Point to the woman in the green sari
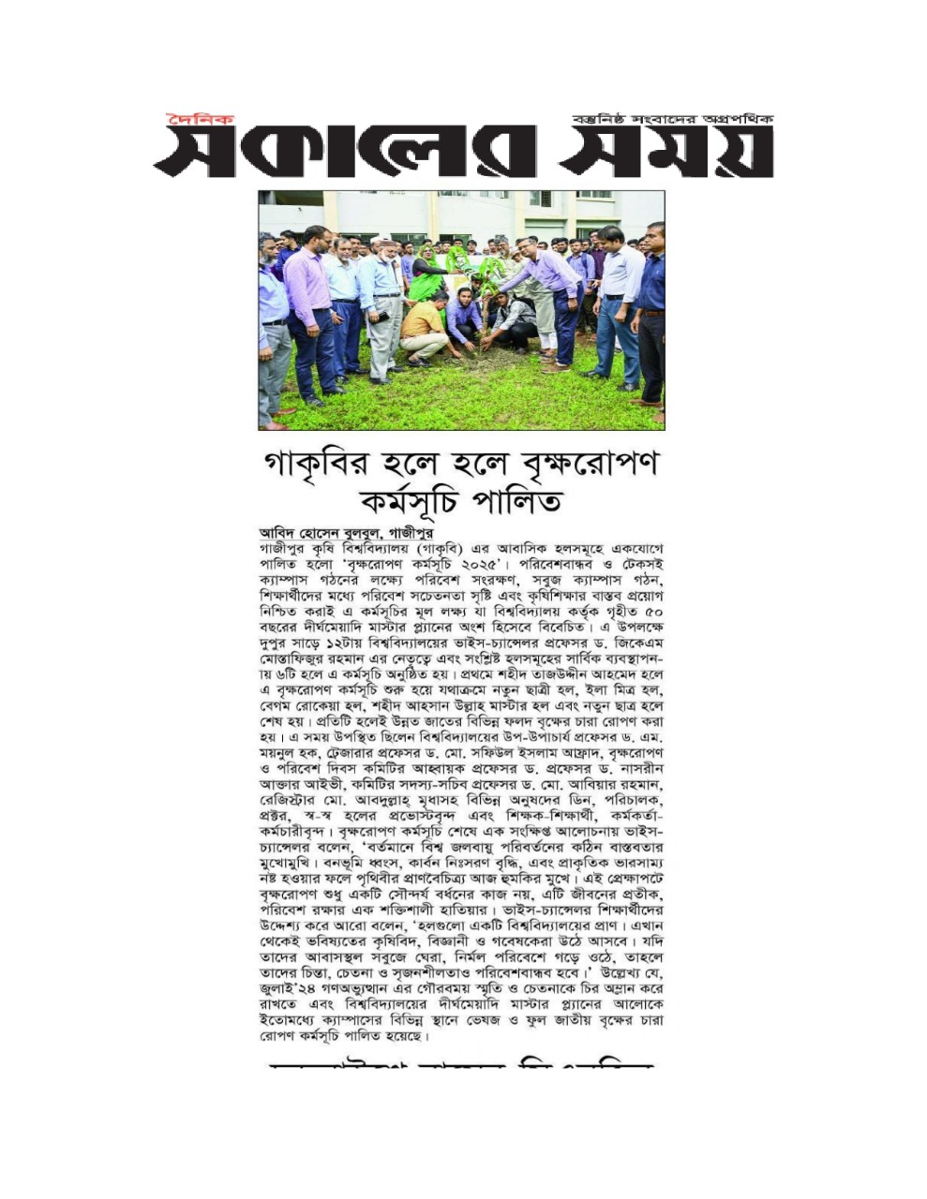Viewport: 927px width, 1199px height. point(426,272)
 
